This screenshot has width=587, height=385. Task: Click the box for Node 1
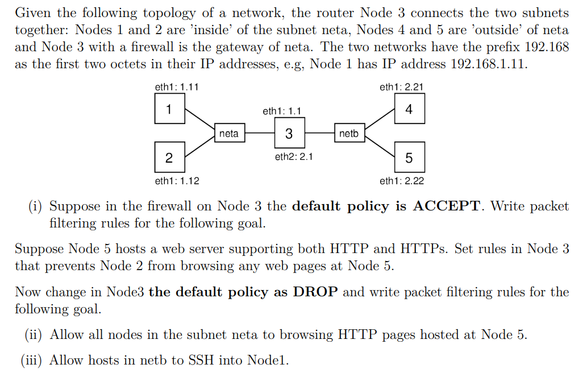point(169,109)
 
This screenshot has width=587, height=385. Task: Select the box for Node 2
point(169,158)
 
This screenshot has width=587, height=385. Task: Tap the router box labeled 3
point(289,134)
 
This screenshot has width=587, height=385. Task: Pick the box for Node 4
point(409,109)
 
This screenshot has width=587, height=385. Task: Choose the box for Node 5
point(409,158)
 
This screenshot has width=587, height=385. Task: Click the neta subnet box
point(229,134)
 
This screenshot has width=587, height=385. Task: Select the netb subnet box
point(349,134)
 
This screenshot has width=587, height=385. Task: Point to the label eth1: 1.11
point(176,87)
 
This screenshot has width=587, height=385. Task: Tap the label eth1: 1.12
point(177,181)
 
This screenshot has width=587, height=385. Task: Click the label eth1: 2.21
point(401,87)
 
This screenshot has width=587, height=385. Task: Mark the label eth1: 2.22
point(401,181)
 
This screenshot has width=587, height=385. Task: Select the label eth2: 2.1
point(294,157)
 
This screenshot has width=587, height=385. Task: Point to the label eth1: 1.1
point(282,111)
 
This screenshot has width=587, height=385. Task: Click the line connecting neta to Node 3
point(259,134)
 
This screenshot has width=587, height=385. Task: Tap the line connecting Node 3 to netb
point(319,134)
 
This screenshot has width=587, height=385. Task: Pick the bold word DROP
point(315,292)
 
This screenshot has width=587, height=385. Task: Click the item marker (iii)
point(32,360)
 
